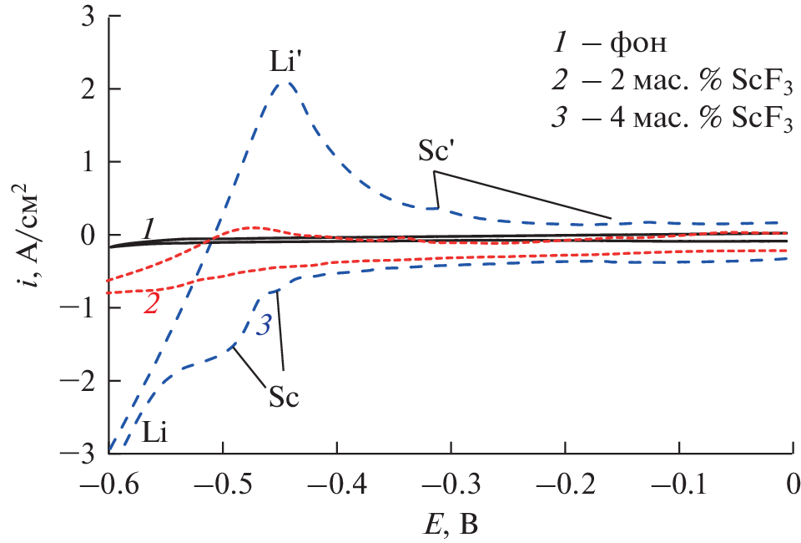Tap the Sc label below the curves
pos(284,396)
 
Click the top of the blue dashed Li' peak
pos(286,82)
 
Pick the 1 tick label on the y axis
pos(87,161)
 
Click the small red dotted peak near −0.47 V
pos(253,226)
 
